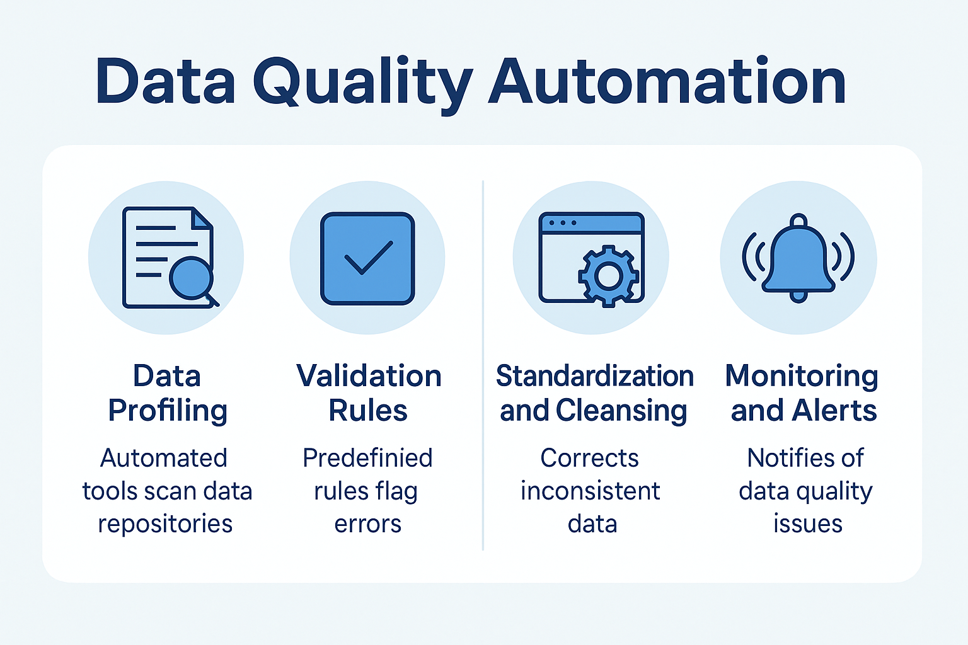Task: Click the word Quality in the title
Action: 362,82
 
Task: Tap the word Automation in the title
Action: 667,82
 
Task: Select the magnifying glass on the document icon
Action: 191,278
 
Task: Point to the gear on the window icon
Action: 608,276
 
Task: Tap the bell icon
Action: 798,258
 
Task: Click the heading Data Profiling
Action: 167,393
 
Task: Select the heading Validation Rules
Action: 369,393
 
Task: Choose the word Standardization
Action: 594,376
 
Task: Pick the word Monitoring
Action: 802,376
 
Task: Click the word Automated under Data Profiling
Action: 164,458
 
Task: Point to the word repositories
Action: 165,524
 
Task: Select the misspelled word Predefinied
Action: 367,458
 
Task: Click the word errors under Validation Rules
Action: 368,524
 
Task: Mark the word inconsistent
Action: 591,491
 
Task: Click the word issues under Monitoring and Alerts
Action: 807,524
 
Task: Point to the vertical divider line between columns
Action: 483,365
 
